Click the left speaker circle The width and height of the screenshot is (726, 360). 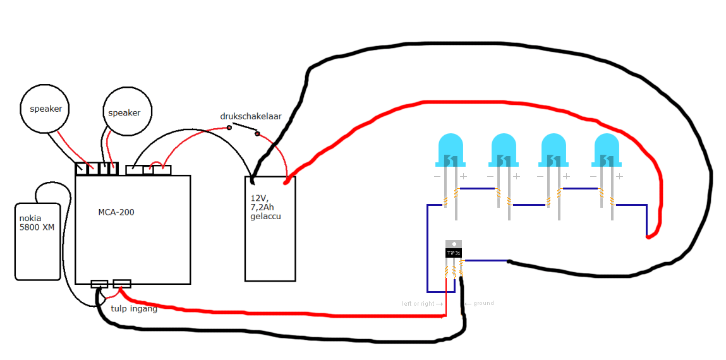point(45,109)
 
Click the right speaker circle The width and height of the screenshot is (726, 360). point(128,112)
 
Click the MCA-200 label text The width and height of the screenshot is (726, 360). point(116,212)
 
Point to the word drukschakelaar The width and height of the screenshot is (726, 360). point(250,116)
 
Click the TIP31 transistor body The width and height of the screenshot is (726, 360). point(454,252)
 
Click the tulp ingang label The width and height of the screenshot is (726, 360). point(134,309)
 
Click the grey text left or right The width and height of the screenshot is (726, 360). point(419,304)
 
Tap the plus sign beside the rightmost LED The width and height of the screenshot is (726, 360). point(619,176)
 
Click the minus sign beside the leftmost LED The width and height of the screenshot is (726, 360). point(437,176)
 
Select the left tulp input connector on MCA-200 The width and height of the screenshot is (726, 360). point(99,284)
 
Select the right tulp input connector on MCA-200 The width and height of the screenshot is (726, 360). point(122,284)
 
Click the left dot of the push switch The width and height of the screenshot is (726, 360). point(229,128)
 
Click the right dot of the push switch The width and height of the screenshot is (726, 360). point(257,133)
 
